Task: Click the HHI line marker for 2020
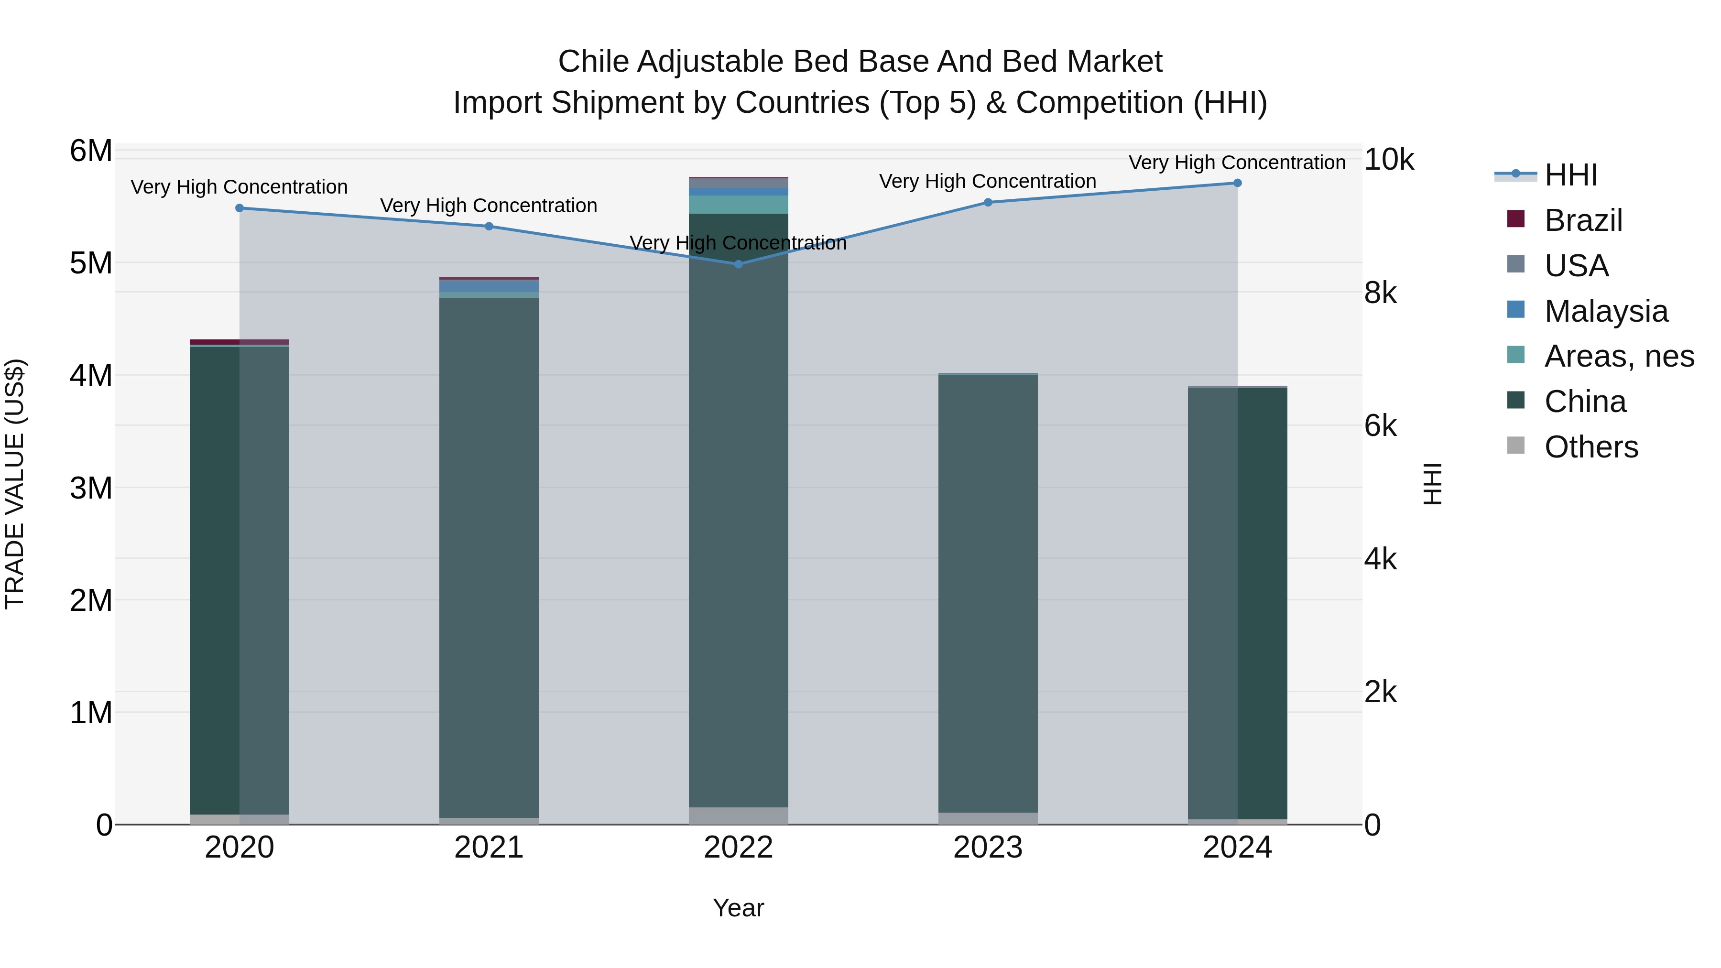pos(239,208)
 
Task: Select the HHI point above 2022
pos(738,264)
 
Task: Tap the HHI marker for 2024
pos(1237,183)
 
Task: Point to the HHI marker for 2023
pos(988,202)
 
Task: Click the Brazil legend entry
pos(1583,220)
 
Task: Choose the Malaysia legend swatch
pos(1516,310)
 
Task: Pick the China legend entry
pos(1585,402)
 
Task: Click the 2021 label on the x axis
pos(489,848)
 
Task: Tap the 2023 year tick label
pos(988,848)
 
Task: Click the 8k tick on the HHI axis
pos(1380,294)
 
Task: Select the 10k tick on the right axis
pos(1388,160)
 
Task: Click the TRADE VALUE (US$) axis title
pos(15,484)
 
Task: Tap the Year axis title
pos(738,908)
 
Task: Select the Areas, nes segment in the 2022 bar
pos(738,205)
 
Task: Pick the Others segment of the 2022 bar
pos(738,816)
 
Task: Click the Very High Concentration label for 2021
pos(489,206)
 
